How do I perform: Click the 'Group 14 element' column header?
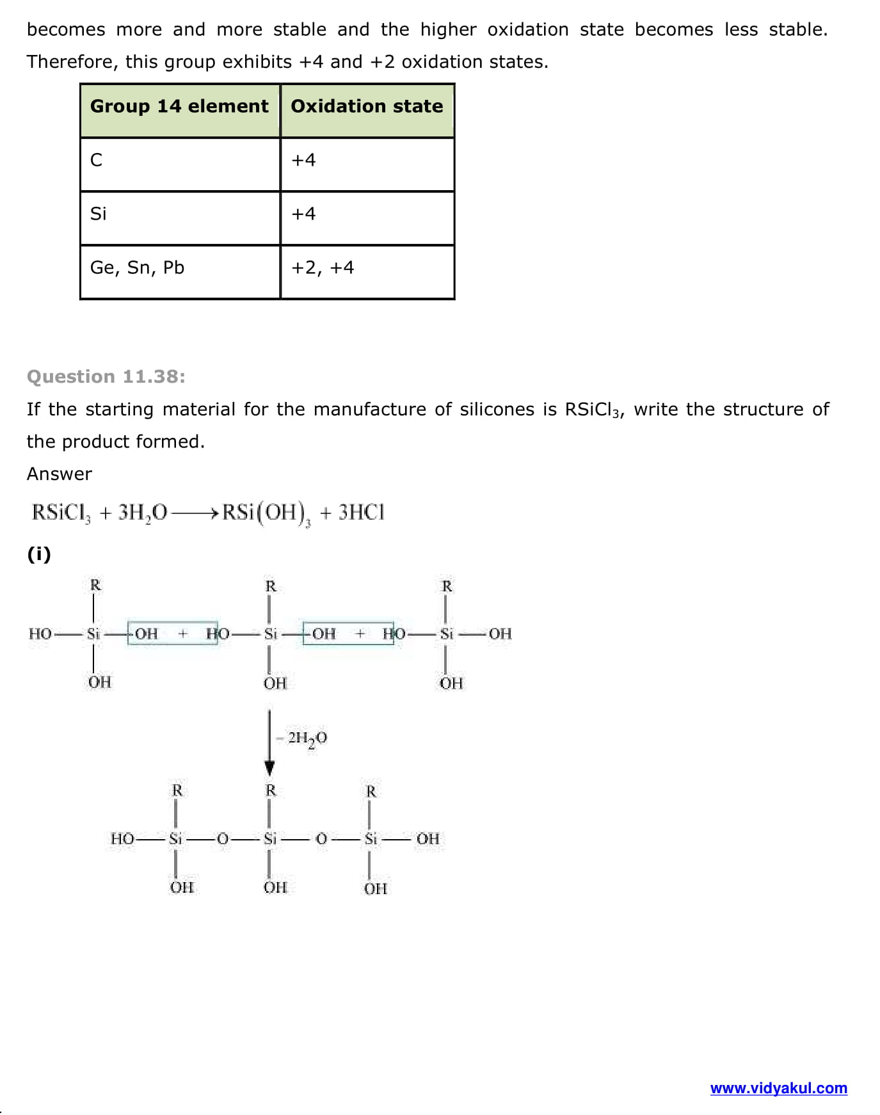pos(179,106)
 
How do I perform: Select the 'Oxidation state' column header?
pos(367,106)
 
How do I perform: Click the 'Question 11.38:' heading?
pos(106,376)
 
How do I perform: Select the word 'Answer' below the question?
pos(60,474)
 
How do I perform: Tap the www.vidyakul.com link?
pos(778,1088)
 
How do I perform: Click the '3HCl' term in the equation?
pos(362,513)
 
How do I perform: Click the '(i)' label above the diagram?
pos(39,554)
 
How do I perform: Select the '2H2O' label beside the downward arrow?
pos(307,739)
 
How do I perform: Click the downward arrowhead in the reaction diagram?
pos(269,767)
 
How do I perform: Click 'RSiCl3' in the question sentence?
pos(592,410)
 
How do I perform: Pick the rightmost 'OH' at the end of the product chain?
pos(428,838)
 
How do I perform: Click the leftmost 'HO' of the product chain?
pos(122,838)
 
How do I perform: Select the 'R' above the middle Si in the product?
pos(271,790)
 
